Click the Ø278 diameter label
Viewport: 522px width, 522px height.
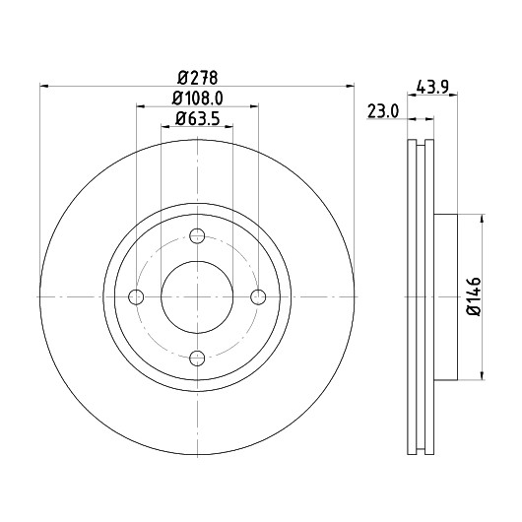pos(197,78)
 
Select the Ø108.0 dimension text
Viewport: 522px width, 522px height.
pos(197,98)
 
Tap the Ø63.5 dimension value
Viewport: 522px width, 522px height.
pos(197,118)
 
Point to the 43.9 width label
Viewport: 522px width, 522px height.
pos(432,88)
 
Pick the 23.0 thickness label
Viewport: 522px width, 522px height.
pos(383,111)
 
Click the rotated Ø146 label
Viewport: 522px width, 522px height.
pos(474,296)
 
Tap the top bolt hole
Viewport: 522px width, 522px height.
pos(197,236)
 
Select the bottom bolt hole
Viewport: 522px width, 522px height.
pos(197,359)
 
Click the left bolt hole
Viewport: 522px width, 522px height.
pos(136,297)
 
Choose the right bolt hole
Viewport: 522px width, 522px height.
pos(258,297)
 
